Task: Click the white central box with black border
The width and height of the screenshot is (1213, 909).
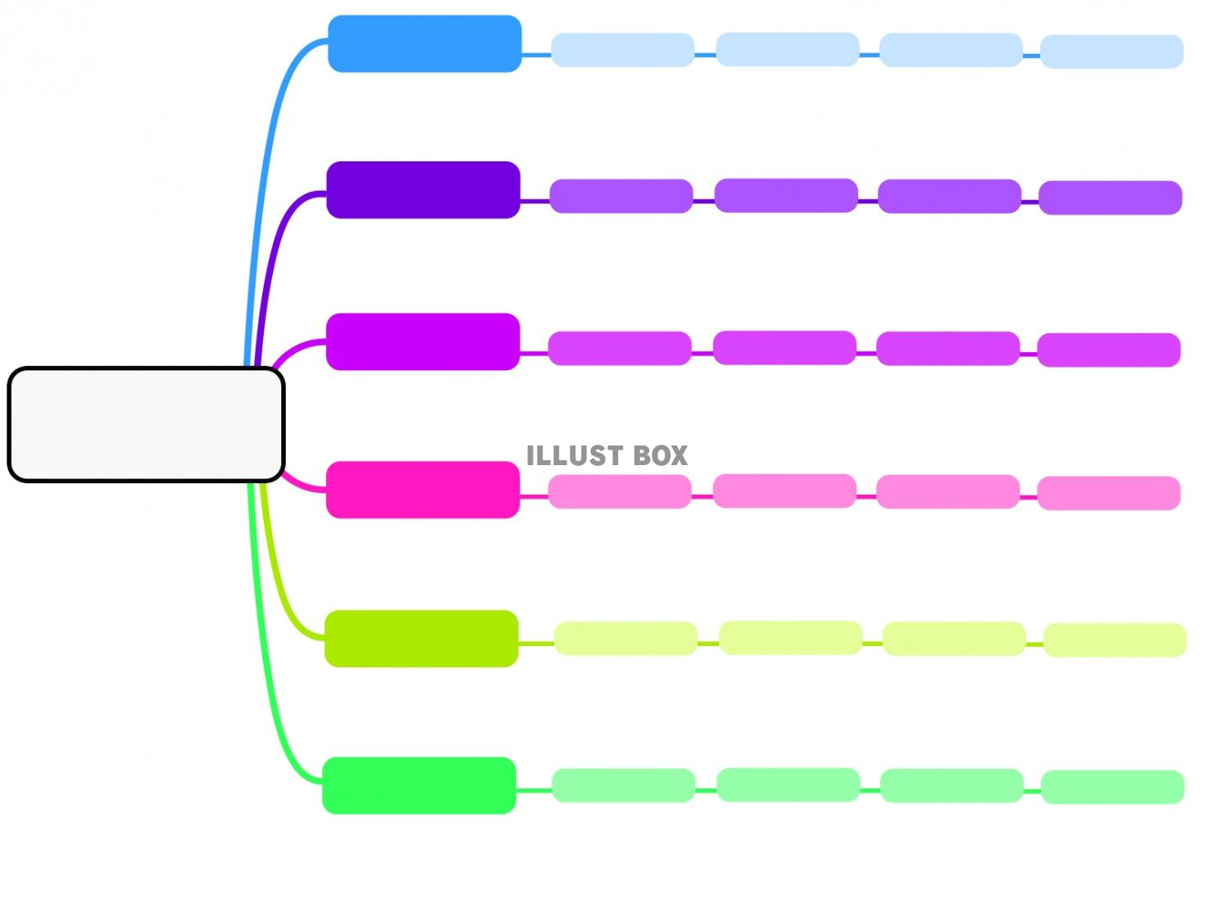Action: pyautogui.click(x=146, y=424)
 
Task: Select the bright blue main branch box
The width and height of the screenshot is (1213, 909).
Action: pyautogui.click(x=425, y=43)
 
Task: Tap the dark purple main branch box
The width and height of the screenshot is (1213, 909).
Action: pyautogui.click(x=423, y=190)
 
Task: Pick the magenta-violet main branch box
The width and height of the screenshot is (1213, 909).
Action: pyautogui.click(x=423, y=341)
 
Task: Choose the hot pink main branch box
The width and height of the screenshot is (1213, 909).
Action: pyautogui.click(x=423, y=490)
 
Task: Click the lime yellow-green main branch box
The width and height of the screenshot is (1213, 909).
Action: pyautogui.click(x=421, y=639)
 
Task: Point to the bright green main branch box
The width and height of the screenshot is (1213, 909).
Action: pyautogui.click(x=420, y=785)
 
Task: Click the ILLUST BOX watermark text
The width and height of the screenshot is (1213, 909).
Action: pyautogui.click(x=606, y=456)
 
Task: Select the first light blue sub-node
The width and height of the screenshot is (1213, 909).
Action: pyautogui.click(x=622, y=50)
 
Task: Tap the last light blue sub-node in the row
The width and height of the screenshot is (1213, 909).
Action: pyautogui.click(x=1111, y=52)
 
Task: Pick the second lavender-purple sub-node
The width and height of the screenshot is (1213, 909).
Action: pyautogui.click(x=786, y=196)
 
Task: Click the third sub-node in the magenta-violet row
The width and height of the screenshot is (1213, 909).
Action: pyautogui.click(x=948, y=348)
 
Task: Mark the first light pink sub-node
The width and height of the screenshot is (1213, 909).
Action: pyautogui.click(x=620, y=491)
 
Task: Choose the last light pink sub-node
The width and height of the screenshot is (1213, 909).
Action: pyautogui.click(x=1109, y=493)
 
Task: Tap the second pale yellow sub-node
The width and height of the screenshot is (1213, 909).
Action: pyautogui.click(x=790, y=638)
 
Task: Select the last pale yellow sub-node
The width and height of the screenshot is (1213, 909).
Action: pyautogui.click(x=1115, y=640)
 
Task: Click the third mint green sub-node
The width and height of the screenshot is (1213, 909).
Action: pyautogui.click(x=952, y=785)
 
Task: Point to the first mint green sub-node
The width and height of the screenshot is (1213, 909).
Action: pyautogui.click(x=623, y=785)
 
